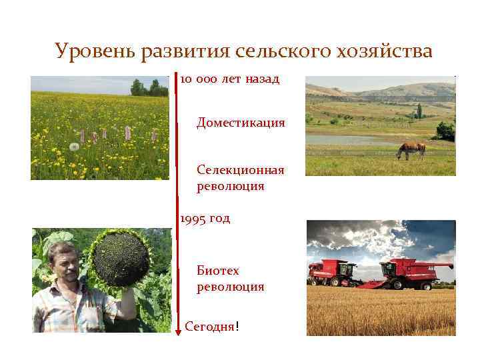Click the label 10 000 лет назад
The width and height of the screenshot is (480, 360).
pyautogui.click(x=229, y=79)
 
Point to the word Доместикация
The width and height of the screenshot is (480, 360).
pyautogui.click(x=241, y=123)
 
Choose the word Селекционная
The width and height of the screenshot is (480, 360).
pyautogui.click(x=241, y=170)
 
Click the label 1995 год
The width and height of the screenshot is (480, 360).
pyautogui.click(x=205, y=218)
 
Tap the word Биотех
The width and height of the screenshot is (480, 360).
pyautogui.click(x=217, y=271)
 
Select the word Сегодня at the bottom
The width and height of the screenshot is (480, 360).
pyautogui.click(x=209, y=327)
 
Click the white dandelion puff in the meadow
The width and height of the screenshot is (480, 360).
pyautogui.click(x=74, y=146)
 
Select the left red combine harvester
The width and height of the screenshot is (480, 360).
pyautogui.click(x=336, y=272)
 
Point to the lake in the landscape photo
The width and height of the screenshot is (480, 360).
pyautogui.click(x=353, y=140)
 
